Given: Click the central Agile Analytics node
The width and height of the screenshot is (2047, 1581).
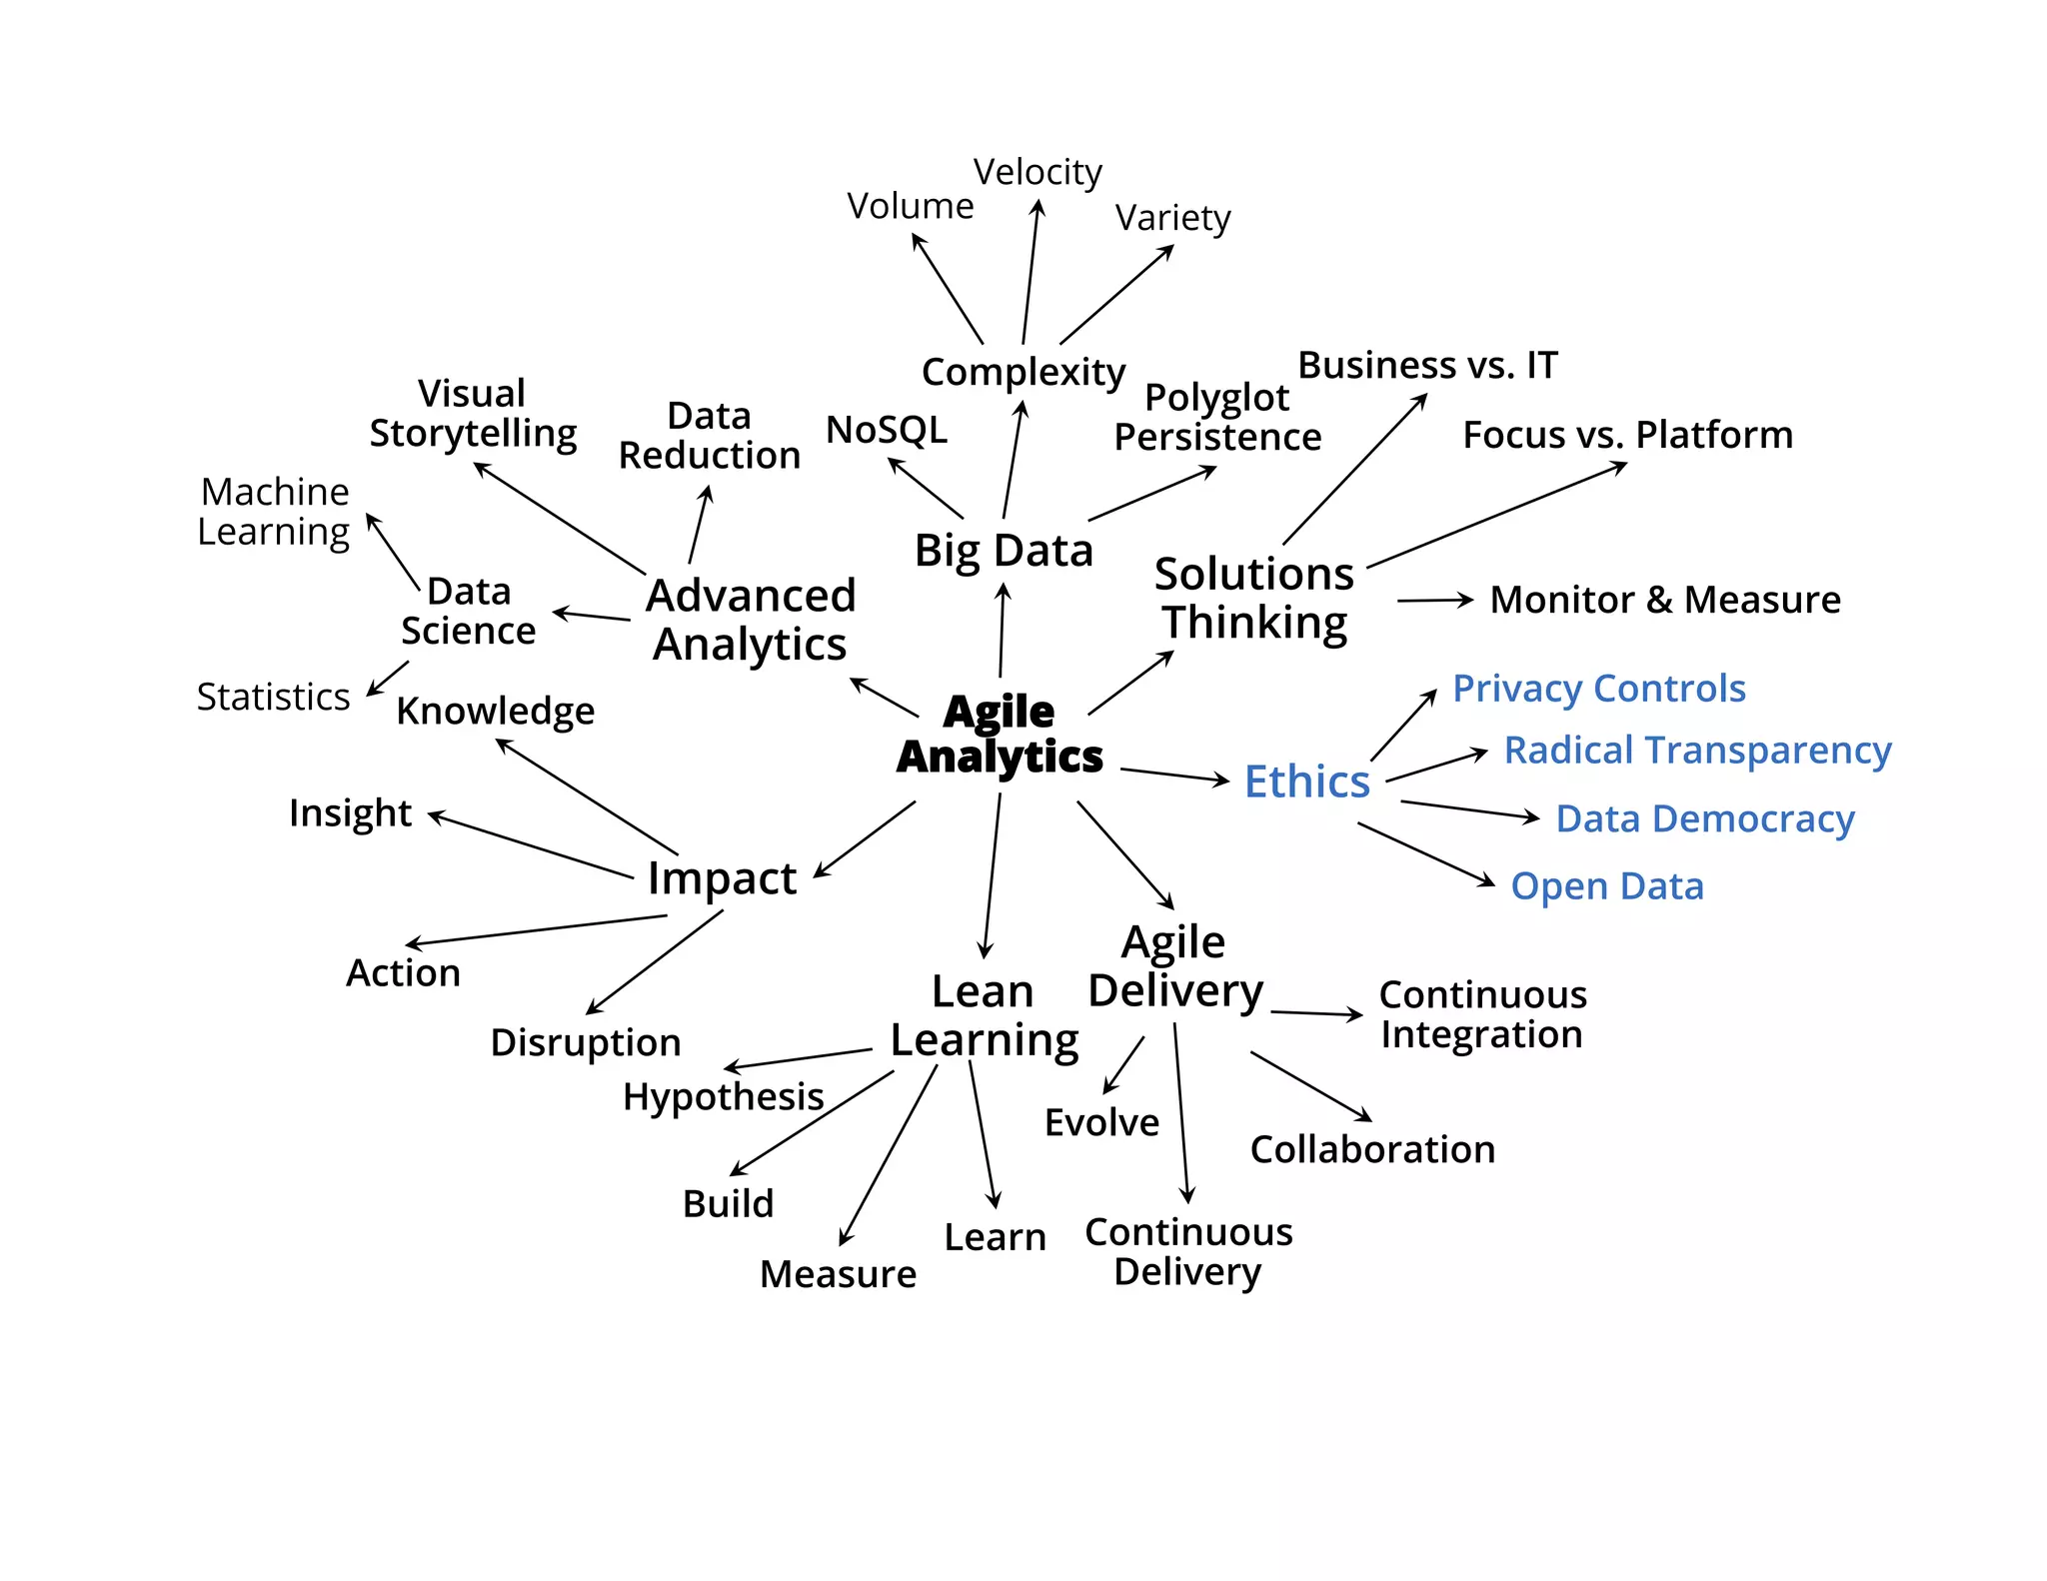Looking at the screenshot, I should tap(1000, 734).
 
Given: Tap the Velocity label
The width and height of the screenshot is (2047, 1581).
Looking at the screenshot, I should tap(1037, 172).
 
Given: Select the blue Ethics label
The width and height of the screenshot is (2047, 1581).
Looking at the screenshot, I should tap(1306, 782).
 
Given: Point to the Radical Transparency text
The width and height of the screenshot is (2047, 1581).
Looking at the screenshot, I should tap(1697, 750).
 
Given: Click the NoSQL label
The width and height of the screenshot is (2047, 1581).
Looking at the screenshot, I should tap(887, 430).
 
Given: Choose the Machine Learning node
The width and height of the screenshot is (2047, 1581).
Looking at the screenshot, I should tap(274, 512).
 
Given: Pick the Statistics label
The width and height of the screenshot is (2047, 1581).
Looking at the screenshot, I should tap(273, 697).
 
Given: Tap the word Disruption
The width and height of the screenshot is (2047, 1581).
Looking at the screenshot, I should tap(586, 1042).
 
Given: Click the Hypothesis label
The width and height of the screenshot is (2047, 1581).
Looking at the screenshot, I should tap(723, 1096).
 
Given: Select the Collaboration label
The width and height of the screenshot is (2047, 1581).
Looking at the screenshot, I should tap(1372, 1149).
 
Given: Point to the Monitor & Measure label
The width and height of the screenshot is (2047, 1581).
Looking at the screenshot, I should tap(1665, 600).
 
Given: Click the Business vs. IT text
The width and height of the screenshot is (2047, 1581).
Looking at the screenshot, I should tap(1427, 365).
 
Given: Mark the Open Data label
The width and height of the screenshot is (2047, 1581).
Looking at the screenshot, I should tap(1607, 886).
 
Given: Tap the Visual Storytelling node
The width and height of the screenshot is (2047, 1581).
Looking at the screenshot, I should tap(473, 413).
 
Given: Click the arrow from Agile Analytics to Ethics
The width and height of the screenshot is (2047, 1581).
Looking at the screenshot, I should tap(1174, 776).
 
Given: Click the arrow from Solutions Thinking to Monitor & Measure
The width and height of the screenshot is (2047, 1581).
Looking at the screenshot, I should tap(1435, 601).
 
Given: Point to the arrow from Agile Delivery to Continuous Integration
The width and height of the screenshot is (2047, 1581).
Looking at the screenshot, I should tap(1316, 1013).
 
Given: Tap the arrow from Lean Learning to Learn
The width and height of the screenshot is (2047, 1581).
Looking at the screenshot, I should tap(984, 1134).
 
